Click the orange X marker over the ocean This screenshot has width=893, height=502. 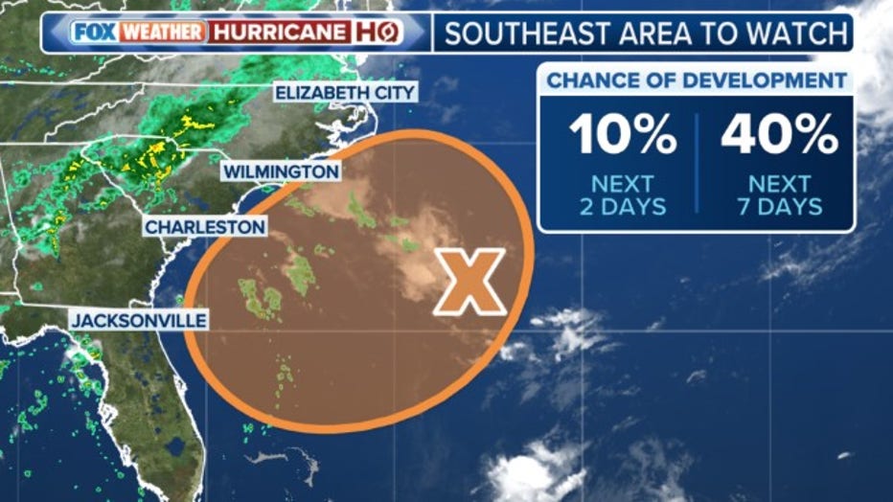(469, 282)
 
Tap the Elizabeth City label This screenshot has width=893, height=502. (345, 93)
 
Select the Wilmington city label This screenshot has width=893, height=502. (281, 172)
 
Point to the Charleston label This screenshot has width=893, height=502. (205, 227)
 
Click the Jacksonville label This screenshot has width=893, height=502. (139, 320)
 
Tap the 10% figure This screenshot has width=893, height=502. (623, 135)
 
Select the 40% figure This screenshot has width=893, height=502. (779, 135)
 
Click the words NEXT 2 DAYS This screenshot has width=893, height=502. (622, 194)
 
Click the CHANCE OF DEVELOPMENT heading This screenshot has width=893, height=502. (697, 81)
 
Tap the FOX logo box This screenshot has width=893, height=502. (92, 32)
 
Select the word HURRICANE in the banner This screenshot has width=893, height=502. (280, 32)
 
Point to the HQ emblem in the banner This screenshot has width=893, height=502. (377, 32)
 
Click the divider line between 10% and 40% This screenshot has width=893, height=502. (698, 163)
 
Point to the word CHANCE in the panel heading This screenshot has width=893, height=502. (587, 81)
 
